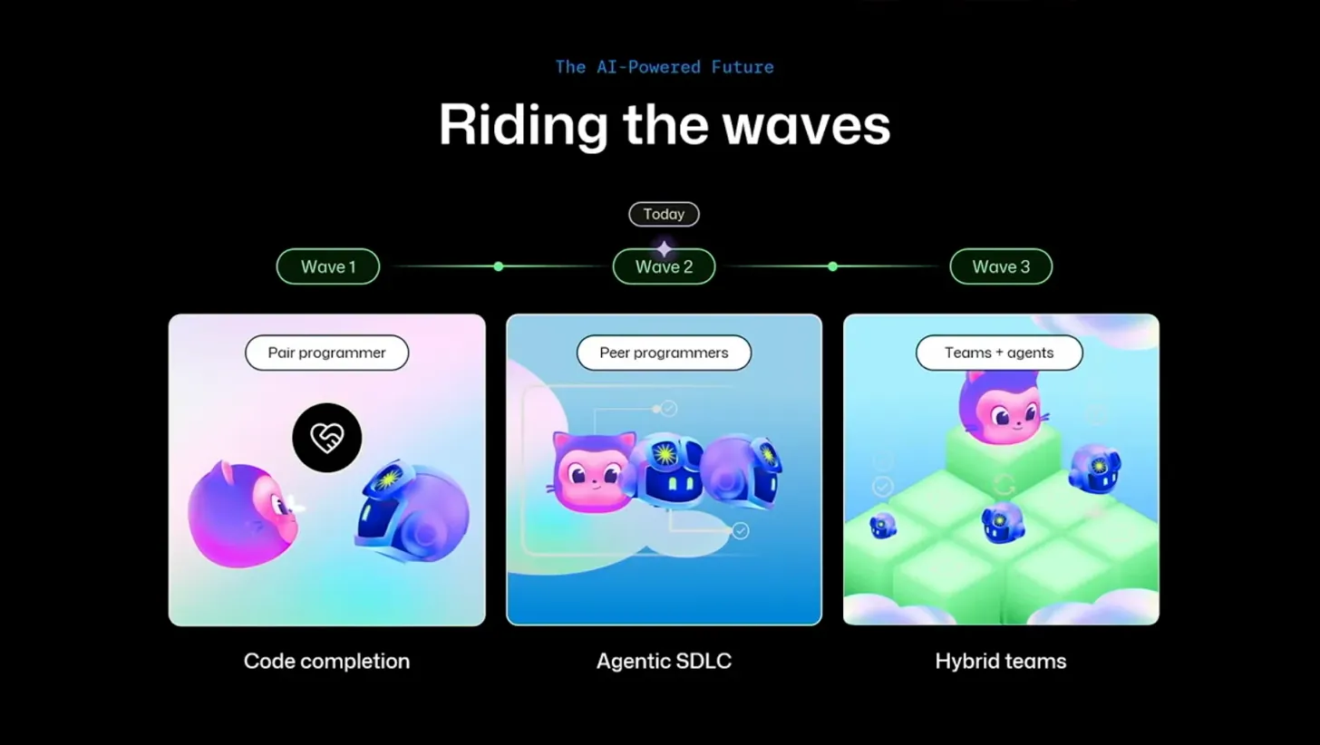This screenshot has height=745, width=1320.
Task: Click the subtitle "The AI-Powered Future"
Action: coord(664,66)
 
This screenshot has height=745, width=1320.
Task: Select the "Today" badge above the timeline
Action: coord(664,214)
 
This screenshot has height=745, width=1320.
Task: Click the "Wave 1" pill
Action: coord(327,266)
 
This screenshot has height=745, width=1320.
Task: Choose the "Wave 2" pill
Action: coord(664,267)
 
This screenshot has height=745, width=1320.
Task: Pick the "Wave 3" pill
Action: coord(1000,266)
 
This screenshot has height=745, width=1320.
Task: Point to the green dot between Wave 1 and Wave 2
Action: coord(498,266)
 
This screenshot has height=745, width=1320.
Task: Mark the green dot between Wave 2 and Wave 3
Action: coord(832,266)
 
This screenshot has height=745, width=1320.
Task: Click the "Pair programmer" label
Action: coord(326,353)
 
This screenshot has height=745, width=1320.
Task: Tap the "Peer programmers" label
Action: coord(664,353)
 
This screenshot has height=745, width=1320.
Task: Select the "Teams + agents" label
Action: coord(999,353)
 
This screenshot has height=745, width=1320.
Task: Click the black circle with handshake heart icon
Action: coord(326,438)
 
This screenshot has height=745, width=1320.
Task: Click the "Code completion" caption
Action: coord(326,661)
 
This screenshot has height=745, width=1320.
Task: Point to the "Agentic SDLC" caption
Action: coord(664,661)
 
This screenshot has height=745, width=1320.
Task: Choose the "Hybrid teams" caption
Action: coord(1000,661)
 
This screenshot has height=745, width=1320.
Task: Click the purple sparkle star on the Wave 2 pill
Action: coord(665,248)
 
